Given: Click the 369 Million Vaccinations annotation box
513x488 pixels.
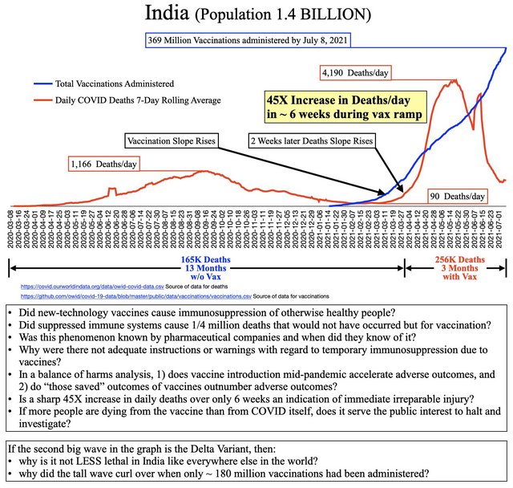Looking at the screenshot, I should point(248,39).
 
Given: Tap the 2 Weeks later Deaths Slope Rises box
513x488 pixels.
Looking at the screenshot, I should point(311,141).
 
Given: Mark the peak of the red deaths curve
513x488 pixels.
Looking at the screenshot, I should point(455,80).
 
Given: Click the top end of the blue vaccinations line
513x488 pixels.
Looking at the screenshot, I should point(507,47).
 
